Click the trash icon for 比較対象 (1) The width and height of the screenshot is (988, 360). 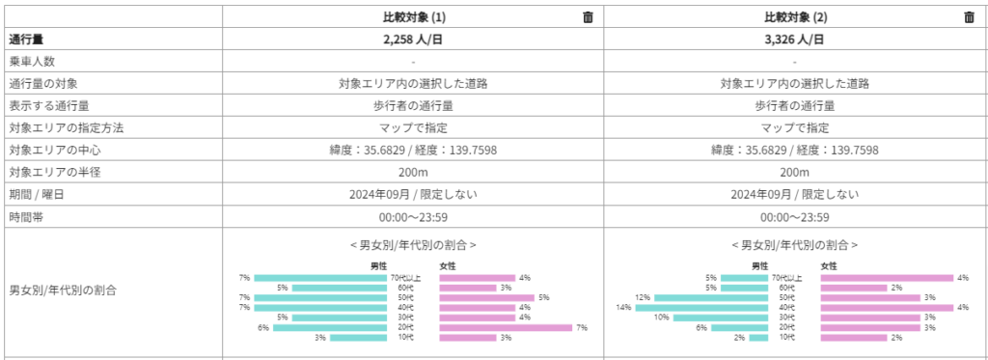[588, 16]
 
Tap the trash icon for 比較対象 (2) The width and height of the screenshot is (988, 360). [969, 16]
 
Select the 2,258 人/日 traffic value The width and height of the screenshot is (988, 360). [413, 40]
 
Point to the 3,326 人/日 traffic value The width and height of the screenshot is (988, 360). [794, 40]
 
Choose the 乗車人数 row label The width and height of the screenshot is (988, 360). [33, 62]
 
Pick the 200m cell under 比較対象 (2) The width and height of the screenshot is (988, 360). [794, 172]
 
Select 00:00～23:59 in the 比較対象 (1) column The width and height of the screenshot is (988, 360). [413, 217]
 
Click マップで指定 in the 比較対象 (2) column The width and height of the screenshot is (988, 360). [794, 127]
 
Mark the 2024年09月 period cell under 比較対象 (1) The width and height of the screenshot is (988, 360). [413, 194]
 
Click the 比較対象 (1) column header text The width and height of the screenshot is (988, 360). [413, 16]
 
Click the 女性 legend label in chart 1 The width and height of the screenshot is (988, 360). [448, 265]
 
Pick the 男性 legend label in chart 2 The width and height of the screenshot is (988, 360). [760, 265]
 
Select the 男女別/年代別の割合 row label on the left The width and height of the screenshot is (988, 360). [64, 289]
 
